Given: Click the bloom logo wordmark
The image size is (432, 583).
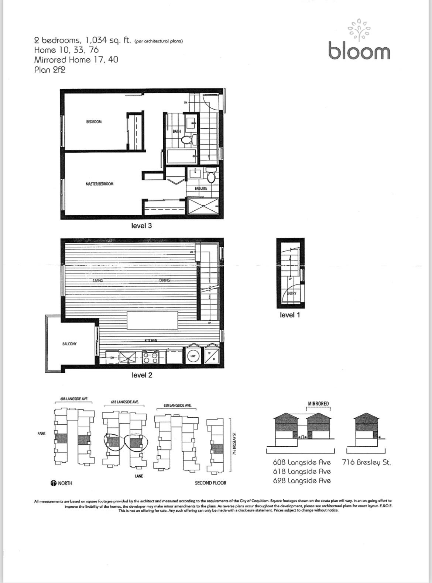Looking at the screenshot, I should tap(359, 51).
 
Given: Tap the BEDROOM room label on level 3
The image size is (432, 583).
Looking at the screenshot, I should tap(94, 122).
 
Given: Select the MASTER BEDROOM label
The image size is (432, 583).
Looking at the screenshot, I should tap(99, 184).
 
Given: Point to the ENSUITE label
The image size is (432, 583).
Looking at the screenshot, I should tap(201, 188).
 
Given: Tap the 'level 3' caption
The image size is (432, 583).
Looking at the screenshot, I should tap(141, 225).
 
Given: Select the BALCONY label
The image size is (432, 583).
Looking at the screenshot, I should tap(69, 344).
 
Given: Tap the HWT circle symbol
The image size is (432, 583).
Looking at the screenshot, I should tap(193, 356).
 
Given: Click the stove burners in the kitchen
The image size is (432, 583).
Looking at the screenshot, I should tap(151, 357).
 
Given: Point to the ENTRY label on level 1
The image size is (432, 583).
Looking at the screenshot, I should tap(291, 293).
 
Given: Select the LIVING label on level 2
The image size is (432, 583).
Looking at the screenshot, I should tap(98, 280).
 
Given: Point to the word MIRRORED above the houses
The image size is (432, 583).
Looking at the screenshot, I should tap(318, 403).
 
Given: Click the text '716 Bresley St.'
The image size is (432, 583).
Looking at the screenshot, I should tap(366, 462).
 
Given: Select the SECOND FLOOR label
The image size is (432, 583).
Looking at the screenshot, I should tap(210, 483).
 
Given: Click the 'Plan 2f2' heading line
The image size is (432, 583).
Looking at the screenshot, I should tap(49, 69).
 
